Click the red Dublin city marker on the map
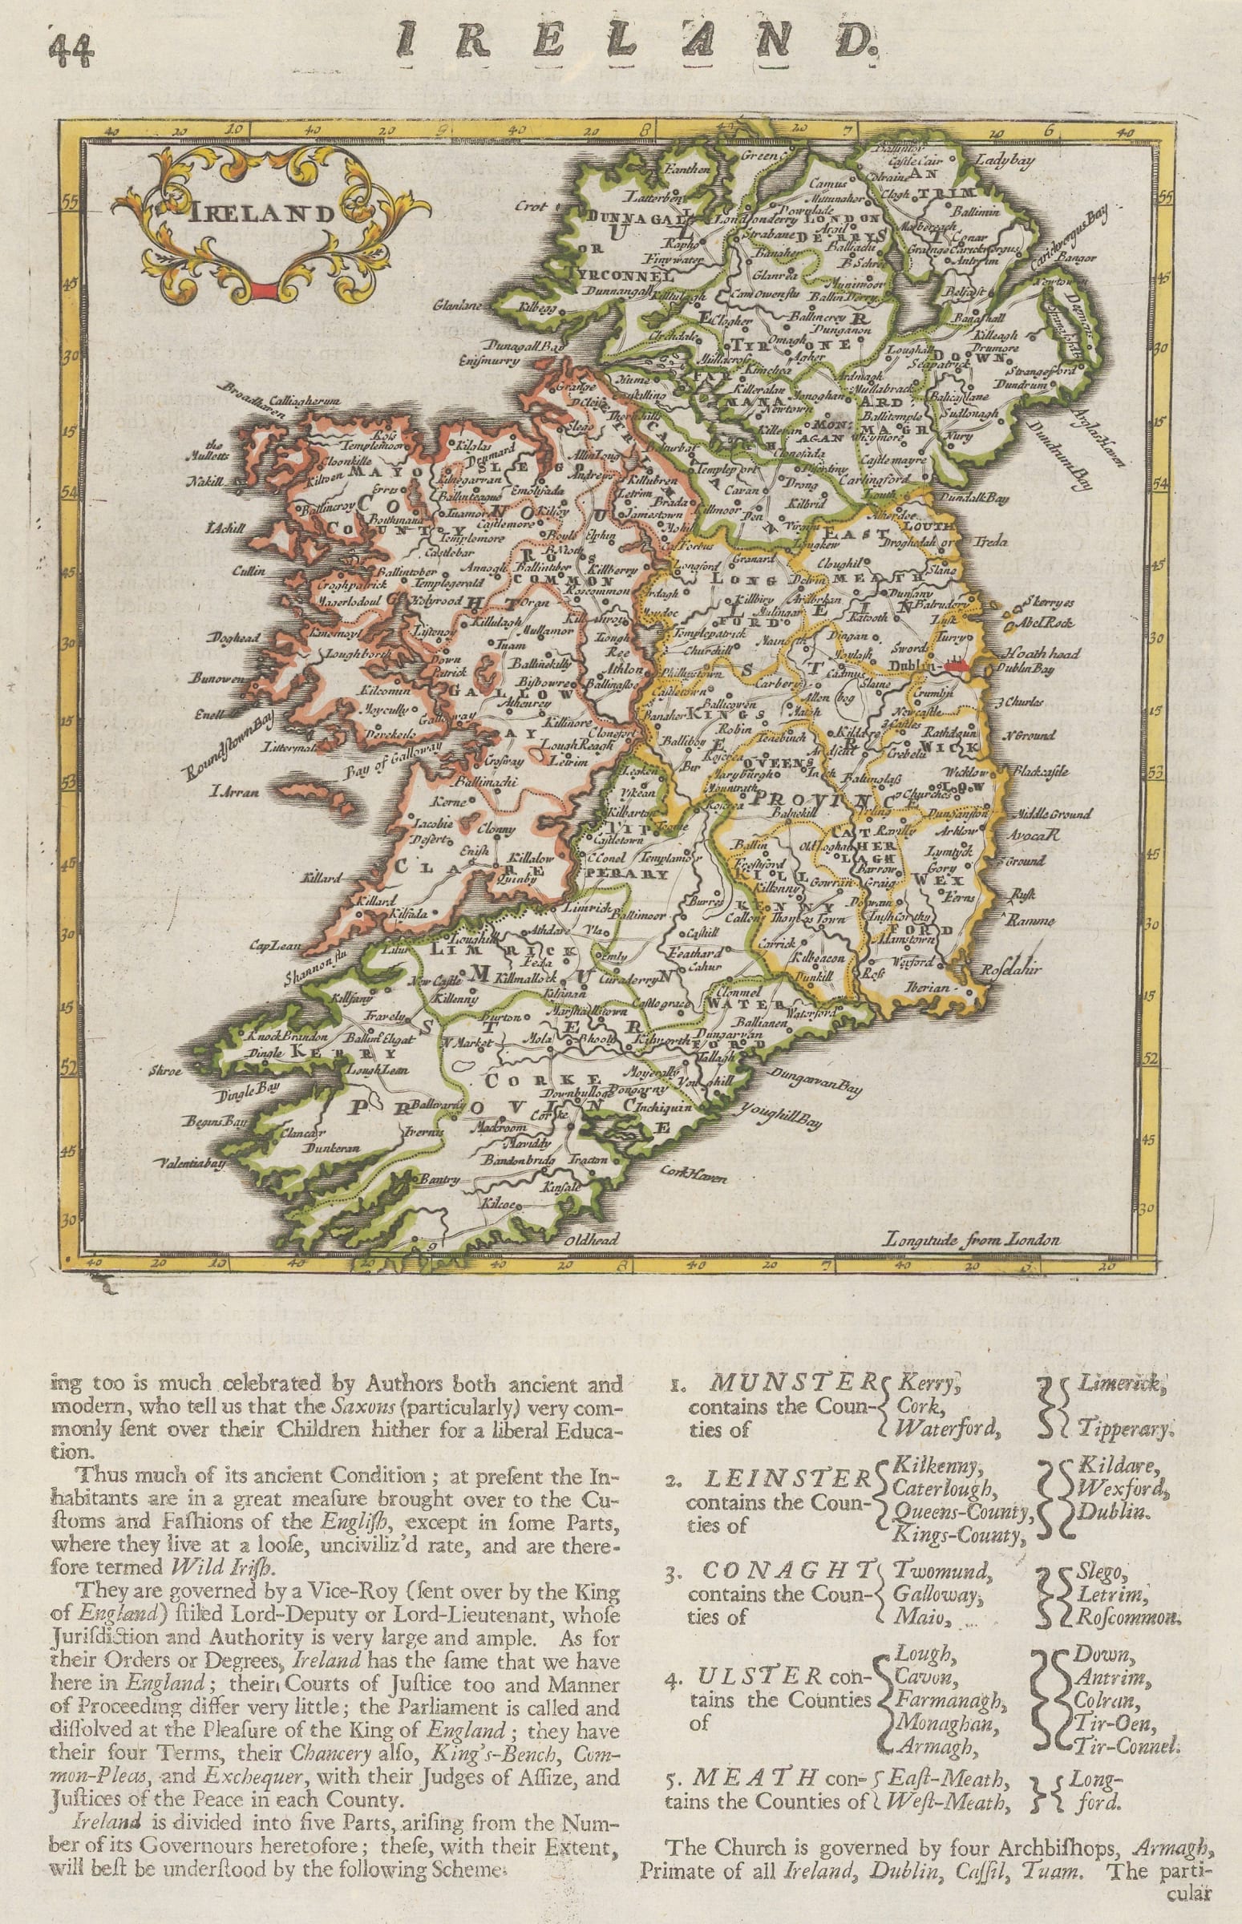(957, 666)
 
